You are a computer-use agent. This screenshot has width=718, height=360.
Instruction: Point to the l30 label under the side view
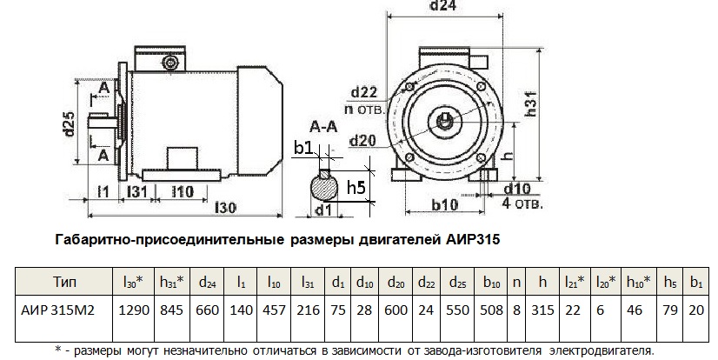pos(225,208)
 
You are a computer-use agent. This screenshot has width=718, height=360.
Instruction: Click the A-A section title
pos(322,128)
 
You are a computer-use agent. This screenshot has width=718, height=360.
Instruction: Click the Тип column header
pos(65,282)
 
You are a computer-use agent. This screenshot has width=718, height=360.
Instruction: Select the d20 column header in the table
pos(396,282)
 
